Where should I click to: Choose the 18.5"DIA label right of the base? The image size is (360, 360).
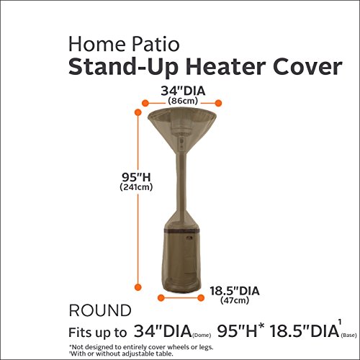pos(233,290)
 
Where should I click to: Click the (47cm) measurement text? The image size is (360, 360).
pos(232,302)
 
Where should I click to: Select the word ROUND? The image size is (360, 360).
pos(100,311)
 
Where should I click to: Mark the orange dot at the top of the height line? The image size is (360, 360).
pos(138,112)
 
